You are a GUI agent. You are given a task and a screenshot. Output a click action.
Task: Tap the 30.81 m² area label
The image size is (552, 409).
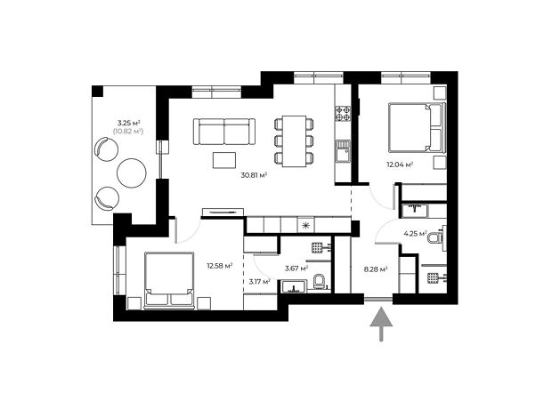tap(253, 175)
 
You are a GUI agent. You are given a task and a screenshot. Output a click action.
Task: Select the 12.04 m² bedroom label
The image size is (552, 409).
tap(400, 164)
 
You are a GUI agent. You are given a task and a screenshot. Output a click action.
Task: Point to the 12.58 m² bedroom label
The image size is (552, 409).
tap(220, 266)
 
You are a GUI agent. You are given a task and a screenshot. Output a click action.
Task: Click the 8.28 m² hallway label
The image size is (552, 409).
tap(376, 269)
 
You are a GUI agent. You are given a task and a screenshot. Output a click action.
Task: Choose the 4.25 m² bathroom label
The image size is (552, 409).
tap(416, 233)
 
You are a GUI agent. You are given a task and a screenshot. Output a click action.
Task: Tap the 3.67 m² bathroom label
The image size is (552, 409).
tap(296, 269)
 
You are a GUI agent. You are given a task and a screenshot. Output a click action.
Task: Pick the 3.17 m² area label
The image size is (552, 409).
tap(260, 281)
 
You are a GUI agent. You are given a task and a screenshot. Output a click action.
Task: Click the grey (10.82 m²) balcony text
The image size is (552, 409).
tap(128, 132)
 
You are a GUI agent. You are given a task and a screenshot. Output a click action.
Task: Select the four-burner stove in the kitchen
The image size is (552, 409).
tap(343, 113)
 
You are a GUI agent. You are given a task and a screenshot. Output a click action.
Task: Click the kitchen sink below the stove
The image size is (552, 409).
tap(343, 151)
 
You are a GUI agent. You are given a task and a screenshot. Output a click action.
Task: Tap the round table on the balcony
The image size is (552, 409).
tap(132, 173)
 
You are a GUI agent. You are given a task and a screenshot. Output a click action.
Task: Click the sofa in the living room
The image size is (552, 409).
tap(224, 132)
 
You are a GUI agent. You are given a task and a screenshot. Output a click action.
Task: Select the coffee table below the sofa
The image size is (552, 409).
tap(224, 160)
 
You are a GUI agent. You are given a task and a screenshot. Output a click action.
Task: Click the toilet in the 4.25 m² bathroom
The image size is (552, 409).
tap(435, 238)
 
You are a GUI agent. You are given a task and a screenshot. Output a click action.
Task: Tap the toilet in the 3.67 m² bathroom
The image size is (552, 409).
tap(320, 281)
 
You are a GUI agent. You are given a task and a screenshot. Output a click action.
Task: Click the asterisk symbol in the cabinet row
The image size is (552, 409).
tap(305, 226)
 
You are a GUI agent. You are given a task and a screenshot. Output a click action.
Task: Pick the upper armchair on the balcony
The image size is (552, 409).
tap(106, 148)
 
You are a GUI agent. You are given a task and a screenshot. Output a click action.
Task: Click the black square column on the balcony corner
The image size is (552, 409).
tap(98, 91)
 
